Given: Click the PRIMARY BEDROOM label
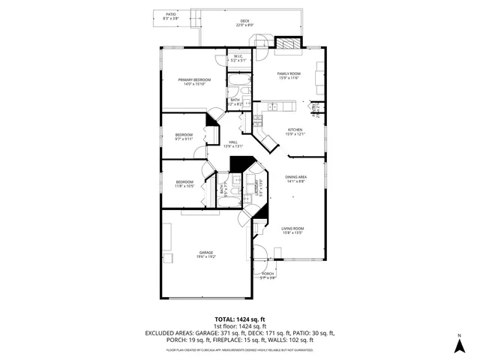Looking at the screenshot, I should tap(194, 82).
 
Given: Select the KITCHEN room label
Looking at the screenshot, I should tap(295, 132).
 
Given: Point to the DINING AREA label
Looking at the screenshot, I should tap(295, 178).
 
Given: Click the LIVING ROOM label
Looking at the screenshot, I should tap(292, 230).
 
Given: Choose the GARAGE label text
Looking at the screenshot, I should tap(205, 254).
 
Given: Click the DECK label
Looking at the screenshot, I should tap(244, 22).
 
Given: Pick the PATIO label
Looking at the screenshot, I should tap(170, 15).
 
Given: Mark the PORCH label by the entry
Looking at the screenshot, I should tap(268, 275).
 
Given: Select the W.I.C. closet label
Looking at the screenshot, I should tap(238, 57).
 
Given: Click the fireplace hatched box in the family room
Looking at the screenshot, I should tap(285, 43).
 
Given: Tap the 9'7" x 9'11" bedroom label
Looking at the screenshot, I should tap(184, 137).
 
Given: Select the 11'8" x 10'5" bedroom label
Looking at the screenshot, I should tap(185, 184).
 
